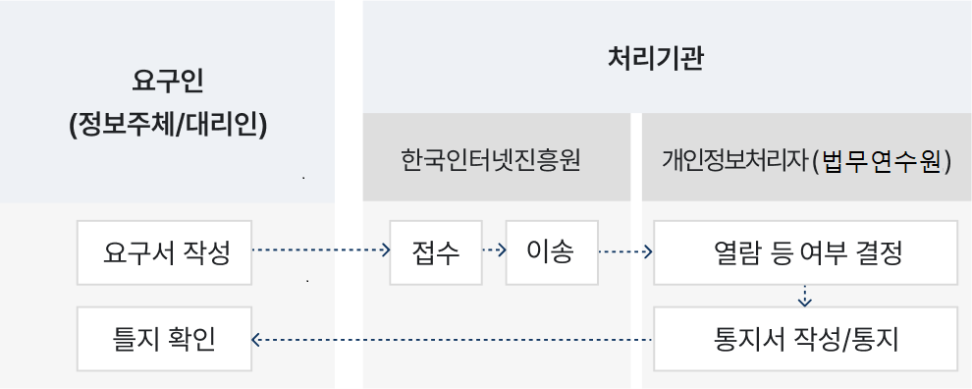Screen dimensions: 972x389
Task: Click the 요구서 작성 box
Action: [x=164, y=252]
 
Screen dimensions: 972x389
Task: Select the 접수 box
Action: [x=436, y=252]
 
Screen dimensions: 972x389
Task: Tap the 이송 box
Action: [x=552, y=252]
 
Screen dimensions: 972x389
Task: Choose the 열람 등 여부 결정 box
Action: [x=805, y=252]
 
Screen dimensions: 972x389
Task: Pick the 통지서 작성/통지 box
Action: [x=805, y=339]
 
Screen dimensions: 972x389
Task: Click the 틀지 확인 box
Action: [x=164, y=339]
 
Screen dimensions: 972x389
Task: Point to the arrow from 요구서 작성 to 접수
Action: [x=321, y=250]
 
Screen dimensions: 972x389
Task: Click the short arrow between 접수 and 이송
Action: [x=494, y=250]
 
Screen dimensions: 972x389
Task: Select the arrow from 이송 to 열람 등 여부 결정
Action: [x=625, y=251]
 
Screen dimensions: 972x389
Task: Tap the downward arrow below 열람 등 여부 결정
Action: [x=805, y=297]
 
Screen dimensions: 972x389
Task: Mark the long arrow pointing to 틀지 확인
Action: [x=452, y=340]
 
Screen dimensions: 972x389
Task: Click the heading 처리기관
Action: [x=655, y=60]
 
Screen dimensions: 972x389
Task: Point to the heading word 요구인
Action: [x=167, y=82]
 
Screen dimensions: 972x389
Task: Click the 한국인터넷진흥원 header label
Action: [x=490, y=160]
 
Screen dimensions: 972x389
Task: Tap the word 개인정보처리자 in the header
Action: [x=734, y=161]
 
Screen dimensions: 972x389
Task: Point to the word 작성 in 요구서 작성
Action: [x=207, y=252]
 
